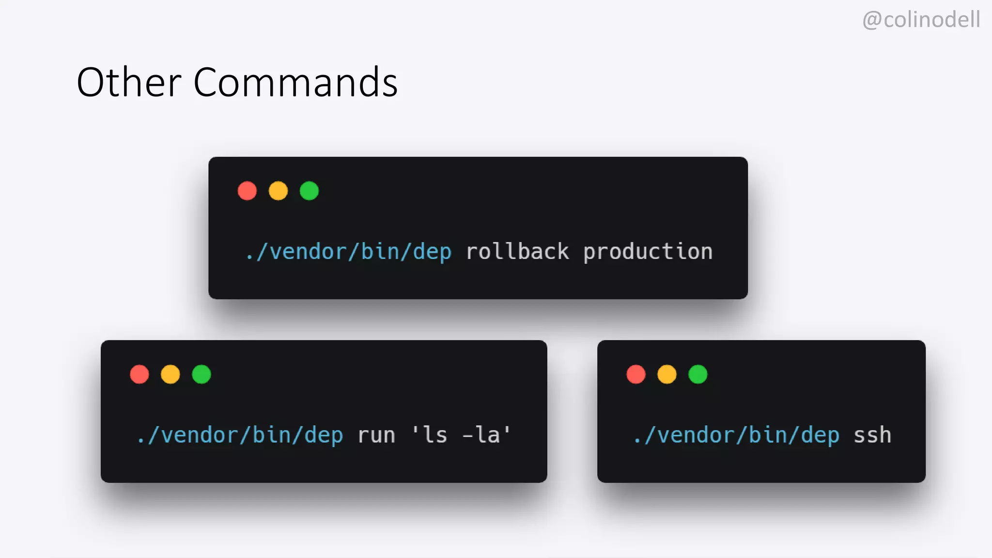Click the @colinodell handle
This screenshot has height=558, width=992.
(921, 20)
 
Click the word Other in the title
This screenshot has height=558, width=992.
(129, 82)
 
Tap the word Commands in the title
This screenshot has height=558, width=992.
(295, 82)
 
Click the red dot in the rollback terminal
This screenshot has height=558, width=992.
(247, 191)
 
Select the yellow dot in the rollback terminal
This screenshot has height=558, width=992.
(278, 191)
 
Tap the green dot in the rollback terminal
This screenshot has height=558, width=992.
(309, 191)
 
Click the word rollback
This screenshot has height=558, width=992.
(517, 252)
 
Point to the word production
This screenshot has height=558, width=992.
(648, 252)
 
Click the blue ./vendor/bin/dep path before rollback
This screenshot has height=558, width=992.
(348, 252)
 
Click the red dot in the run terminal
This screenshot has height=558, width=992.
(139, 374)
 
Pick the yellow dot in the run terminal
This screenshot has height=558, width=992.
(170, 374)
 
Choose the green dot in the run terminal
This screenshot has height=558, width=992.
(201, 374)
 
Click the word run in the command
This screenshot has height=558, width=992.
(376, 435)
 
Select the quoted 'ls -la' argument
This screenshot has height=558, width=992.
(461, 434)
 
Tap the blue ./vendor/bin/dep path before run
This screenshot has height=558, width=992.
(240, 435)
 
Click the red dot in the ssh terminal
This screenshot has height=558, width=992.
(636, 374)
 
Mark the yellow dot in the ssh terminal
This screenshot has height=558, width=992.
(667, 374)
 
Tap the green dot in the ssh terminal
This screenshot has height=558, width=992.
(698, 374)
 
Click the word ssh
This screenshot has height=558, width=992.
(872, 435)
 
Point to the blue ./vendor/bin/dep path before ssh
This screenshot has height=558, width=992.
(736, 435)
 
